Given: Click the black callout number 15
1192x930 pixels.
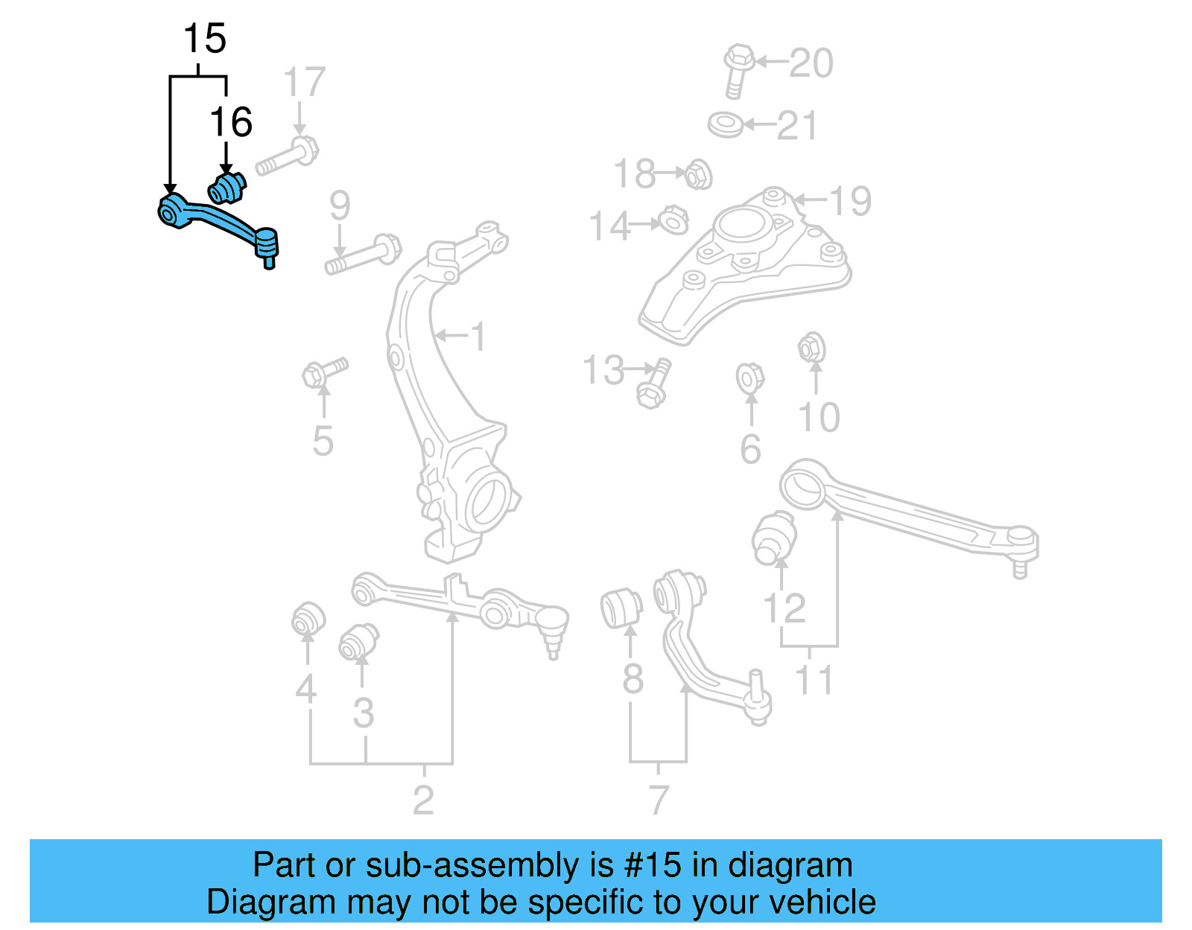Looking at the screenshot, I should [x=204, y=39].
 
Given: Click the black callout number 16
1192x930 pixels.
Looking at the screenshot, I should [x=231, y=123].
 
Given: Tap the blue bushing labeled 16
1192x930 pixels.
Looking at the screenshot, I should [x=226, y=188].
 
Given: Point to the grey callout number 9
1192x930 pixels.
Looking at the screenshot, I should [x=340, y=206].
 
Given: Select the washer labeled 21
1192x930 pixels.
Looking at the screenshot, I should [x=725, y=124].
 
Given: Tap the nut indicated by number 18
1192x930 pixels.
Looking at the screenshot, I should [x=698, y=175].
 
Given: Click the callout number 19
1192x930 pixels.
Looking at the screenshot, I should [x=850, y=201].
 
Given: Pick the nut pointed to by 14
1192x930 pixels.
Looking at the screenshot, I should [x=673, y=221].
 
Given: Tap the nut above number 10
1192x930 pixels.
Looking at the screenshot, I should [x=811, y=348].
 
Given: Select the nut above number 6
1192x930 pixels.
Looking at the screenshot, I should [x=749, y=378].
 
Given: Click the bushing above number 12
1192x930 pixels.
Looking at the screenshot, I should [x=775, y=538].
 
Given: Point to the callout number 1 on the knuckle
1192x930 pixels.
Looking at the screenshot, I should [x=478, y=337].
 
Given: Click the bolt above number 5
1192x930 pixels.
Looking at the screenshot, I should [x=323, y=372].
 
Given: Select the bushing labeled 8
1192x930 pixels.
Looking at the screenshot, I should [x=621, y=608].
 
